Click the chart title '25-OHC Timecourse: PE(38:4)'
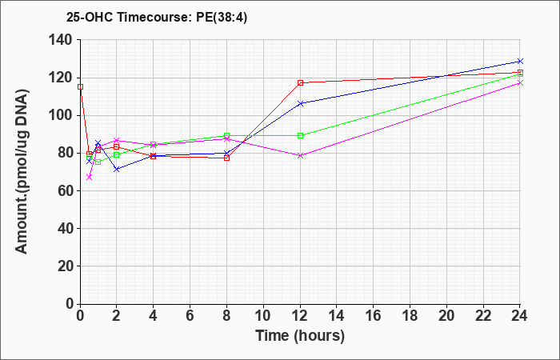click(157, 17)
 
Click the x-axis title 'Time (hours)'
click(300, 336)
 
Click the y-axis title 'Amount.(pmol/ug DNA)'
click(22, 171)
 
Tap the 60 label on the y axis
click(66, 190)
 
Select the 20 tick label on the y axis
click(66, 266)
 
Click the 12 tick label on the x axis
click(300, 316)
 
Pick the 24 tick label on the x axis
click(519, 316)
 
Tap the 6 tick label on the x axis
click(190, 316)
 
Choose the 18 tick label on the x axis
click(410, 316)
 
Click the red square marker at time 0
click(80, 86)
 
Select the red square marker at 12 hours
click(300, 83)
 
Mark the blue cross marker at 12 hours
click(300, 103)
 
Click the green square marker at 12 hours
click(300, 136)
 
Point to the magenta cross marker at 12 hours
click(300, 155)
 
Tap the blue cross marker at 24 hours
click(520, 61)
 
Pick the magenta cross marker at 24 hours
click(520, 83)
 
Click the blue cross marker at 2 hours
click(117, 170)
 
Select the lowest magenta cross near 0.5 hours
click(90, 177)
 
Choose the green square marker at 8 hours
click(226, 136)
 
